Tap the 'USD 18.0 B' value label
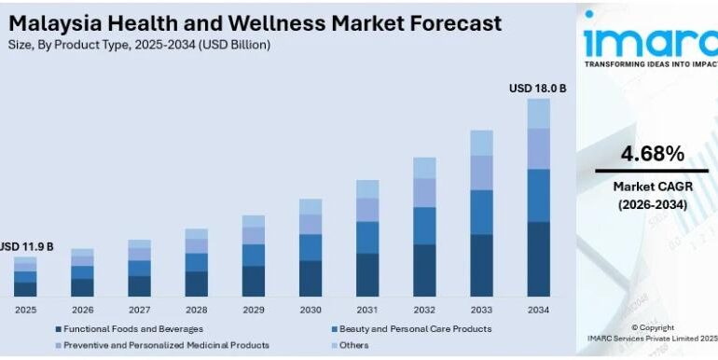point(538,89)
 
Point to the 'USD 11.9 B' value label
point(26,247)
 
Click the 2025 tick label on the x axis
point(25,309)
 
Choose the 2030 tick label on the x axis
point(310,309)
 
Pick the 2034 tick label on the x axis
point(538,309)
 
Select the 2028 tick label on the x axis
point(196,309)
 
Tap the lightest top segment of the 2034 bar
point(538,113)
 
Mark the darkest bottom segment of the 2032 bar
point(424,270)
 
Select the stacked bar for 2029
point(253,256)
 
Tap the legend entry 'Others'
point(352,345)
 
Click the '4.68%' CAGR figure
point(651,153)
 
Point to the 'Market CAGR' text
point(651,187)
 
